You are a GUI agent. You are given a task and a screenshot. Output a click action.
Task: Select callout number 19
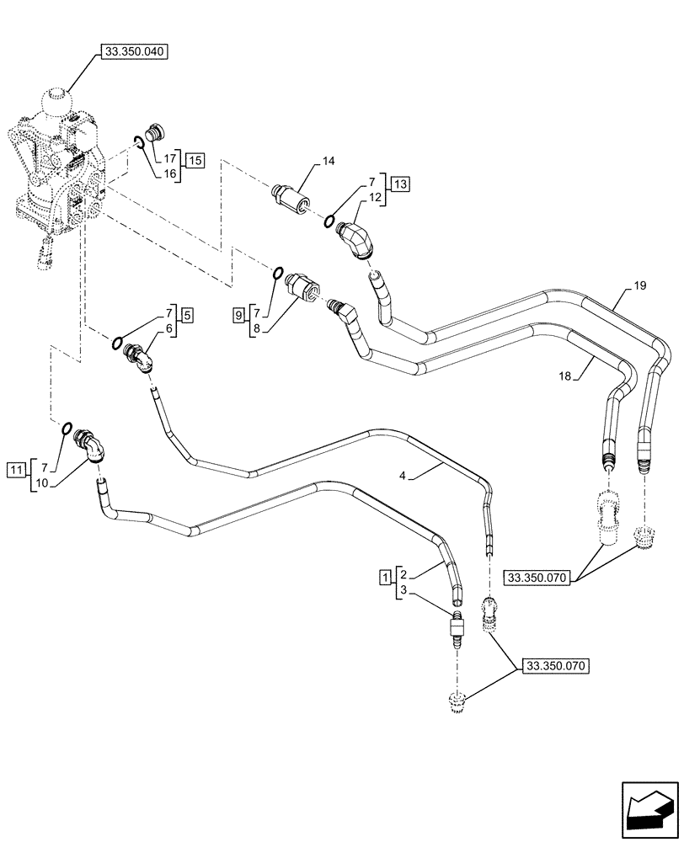[x=640, y=286]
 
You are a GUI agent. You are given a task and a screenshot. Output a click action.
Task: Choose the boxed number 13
[x=398, y=184]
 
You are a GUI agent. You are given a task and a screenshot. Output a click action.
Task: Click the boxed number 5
[x=187, y=315]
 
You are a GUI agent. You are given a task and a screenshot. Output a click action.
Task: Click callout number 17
[x=169, y=157]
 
